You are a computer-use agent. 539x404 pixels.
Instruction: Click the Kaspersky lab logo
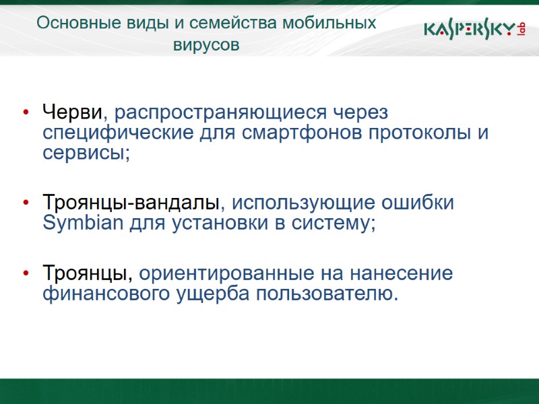(x=474, y=30)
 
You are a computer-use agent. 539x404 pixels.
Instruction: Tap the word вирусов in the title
(x=206, y=46)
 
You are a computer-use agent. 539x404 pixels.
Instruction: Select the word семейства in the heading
(x=225, y=23)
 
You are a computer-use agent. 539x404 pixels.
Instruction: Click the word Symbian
(x=83, y=224)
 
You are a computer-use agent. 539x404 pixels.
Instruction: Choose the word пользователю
(x=327, y=295)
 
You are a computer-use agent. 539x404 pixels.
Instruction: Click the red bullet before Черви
(x=26, y=111)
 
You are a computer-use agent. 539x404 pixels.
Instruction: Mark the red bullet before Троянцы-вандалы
(x=26, y=203)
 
